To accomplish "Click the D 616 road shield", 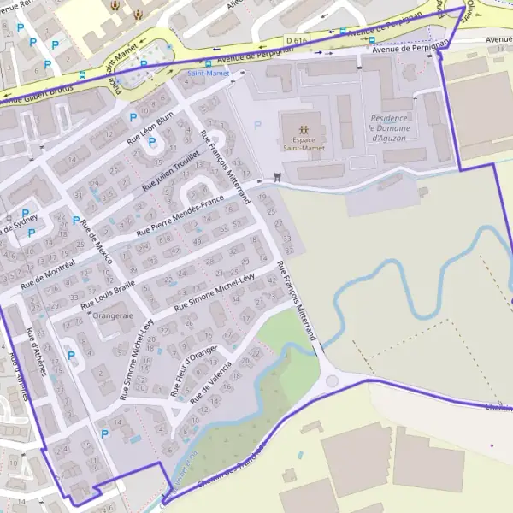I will tap(296, 40).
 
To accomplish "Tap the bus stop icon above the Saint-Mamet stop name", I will tap(208, 62).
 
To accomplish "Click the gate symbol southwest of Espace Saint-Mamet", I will tap(276, 177).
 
